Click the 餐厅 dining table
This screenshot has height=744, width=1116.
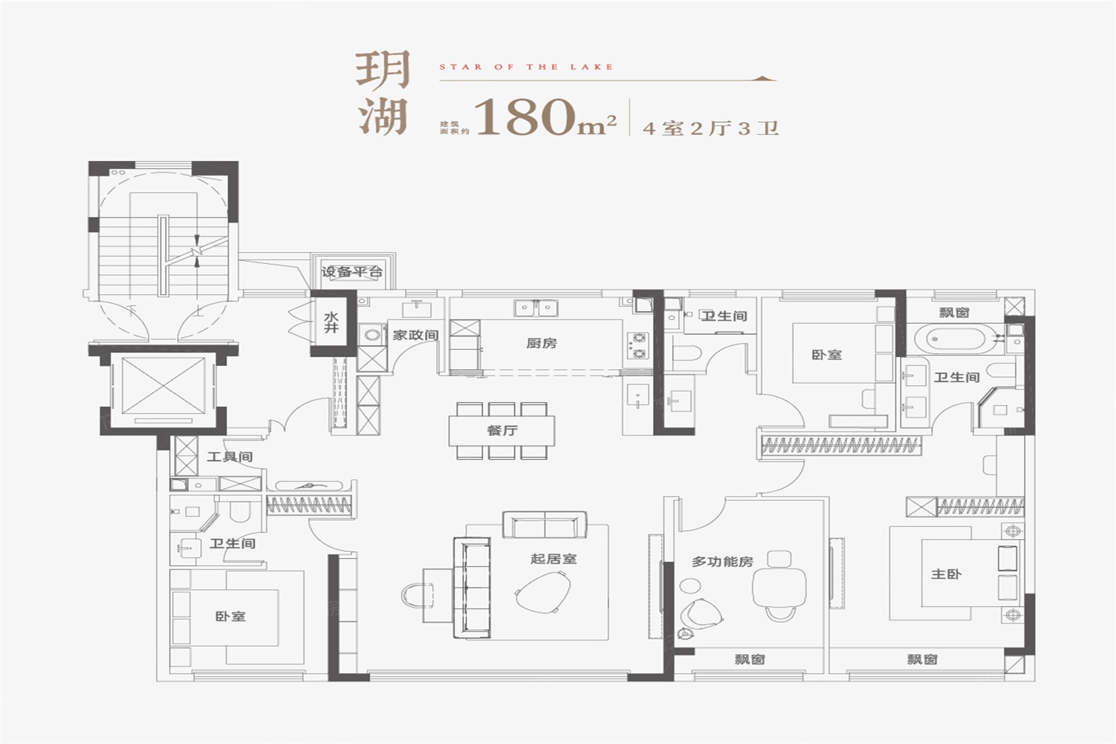[501, 431]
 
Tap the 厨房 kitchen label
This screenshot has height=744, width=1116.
[541, 344]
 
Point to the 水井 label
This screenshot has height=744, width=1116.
[332, 322]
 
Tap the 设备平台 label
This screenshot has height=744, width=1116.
[352, 272]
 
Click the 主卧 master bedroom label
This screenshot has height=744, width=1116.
[946, 574]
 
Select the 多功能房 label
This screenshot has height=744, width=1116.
[722, 561]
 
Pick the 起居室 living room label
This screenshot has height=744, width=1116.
[553, 559]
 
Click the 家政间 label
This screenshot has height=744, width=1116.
[415, 335]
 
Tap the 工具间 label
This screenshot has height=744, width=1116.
[230, 456]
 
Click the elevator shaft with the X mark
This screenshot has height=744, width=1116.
[163, 385]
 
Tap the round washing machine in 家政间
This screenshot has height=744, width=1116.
[371, 336]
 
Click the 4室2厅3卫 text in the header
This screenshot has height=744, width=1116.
[710, 128]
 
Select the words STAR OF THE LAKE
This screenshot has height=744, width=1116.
[526, 67]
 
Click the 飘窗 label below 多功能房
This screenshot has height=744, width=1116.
[749, 659]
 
